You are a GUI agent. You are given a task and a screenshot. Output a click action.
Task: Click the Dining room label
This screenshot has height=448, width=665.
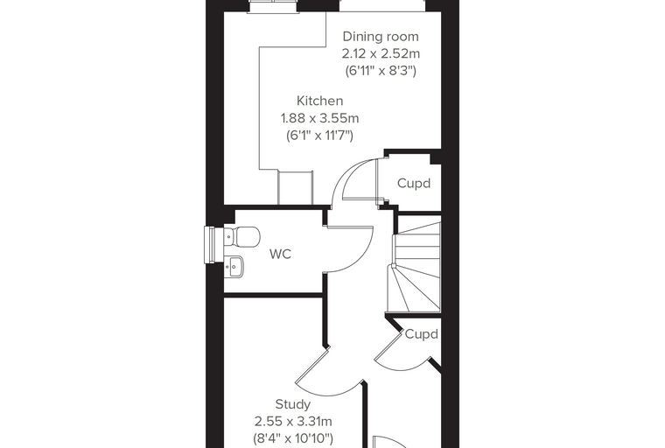[381, 37]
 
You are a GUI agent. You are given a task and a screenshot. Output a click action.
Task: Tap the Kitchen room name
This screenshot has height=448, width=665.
[319, 101]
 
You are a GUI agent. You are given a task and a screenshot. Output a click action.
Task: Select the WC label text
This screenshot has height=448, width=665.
[280, 254]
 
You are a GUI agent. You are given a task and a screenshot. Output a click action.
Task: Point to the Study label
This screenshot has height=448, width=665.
[292, 404]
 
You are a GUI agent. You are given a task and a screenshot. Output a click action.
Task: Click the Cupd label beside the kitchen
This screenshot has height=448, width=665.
[414, 183]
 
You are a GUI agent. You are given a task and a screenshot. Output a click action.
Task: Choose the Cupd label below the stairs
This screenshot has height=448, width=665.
[421, 334]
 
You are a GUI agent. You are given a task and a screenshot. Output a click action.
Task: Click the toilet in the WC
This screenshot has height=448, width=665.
[241, 236]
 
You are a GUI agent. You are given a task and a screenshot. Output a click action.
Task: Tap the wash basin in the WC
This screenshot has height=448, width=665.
[234, 266]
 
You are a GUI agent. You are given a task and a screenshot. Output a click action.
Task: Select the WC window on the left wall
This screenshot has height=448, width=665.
[210, 245]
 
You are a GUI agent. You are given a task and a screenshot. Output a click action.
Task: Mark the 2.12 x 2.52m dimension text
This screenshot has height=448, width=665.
[381, 54]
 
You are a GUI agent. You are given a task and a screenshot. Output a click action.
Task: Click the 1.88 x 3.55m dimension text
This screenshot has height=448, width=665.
[319, 118]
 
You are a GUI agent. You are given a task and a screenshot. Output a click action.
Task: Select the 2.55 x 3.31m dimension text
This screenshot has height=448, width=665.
[293, 422]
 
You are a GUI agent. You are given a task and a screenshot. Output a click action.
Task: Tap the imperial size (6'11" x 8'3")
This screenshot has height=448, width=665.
[381, 71]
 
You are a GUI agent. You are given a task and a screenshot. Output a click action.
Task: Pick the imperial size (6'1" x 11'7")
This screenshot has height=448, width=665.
[319, 136]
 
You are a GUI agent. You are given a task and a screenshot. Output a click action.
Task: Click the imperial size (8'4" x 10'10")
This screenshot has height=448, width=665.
[293, 438]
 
